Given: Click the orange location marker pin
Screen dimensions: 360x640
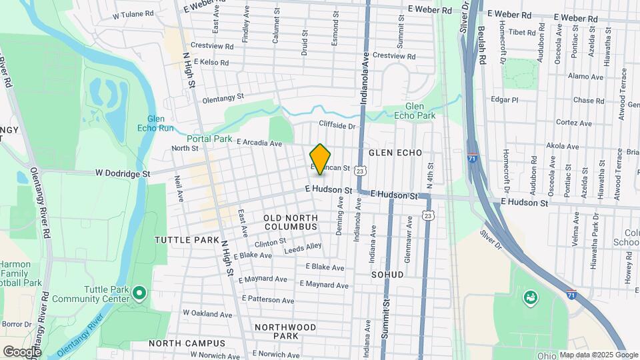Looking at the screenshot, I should coord(321,159).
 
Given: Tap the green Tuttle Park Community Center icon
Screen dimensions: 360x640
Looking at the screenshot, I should coord(139,292).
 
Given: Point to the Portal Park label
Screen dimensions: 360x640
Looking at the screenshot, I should coord(209,139).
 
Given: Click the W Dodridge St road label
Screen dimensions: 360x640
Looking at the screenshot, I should coord(123,173).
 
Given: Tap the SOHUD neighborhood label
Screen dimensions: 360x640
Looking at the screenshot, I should coord(387,274).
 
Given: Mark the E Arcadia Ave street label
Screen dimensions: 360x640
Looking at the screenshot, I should coord(255,143).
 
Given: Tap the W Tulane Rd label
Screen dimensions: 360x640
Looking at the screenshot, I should coord(135,15).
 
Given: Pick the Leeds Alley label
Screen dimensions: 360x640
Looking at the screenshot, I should coord(303,249).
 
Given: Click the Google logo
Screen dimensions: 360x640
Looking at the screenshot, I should coord(22,351).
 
